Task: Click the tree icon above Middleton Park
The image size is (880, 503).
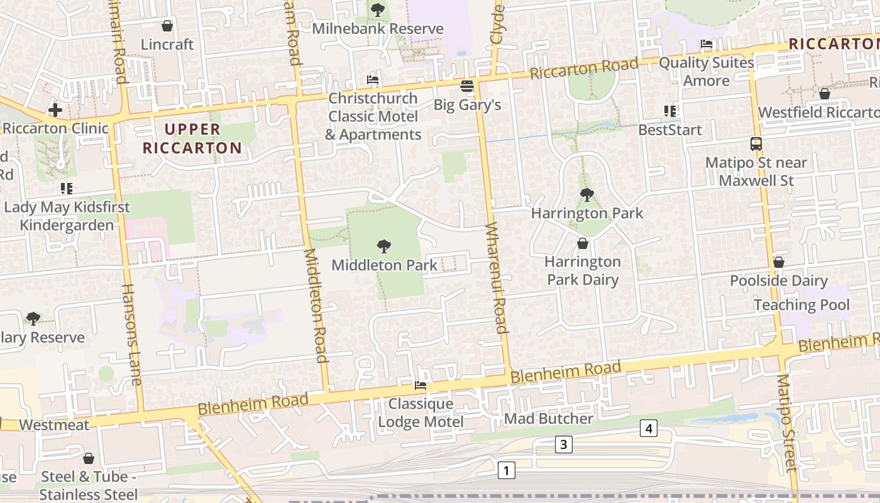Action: [x=383, y=246]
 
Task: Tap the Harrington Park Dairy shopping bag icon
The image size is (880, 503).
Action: [x=583, y=243]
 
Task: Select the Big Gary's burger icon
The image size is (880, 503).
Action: [x=466, y=86]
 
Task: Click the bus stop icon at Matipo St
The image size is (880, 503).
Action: [x=756, y=144]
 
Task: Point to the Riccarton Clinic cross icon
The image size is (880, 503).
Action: [x=55, y=110]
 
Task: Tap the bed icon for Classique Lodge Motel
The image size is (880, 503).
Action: [x=421, y=385]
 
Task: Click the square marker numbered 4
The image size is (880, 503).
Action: [x=649, y=429]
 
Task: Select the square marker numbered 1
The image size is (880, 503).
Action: [x=506, y=470]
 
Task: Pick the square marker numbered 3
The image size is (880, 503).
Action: [x=563, y=445]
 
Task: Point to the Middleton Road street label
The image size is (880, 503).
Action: [x=316, y=305]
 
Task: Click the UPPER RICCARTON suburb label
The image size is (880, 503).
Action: [x=192, y=139]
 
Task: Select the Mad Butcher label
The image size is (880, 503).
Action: [x=549, y=419]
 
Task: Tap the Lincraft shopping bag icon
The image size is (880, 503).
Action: [x=167, y=26]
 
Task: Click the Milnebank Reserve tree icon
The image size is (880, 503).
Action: [x=377, y=9]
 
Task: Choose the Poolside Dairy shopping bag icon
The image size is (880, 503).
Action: [x=778, y=262]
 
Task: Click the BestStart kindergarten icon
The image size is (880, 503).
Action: [x=670, y=111]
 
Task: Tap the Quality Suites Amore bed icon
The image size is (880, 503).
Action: [x=707, y=44]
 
